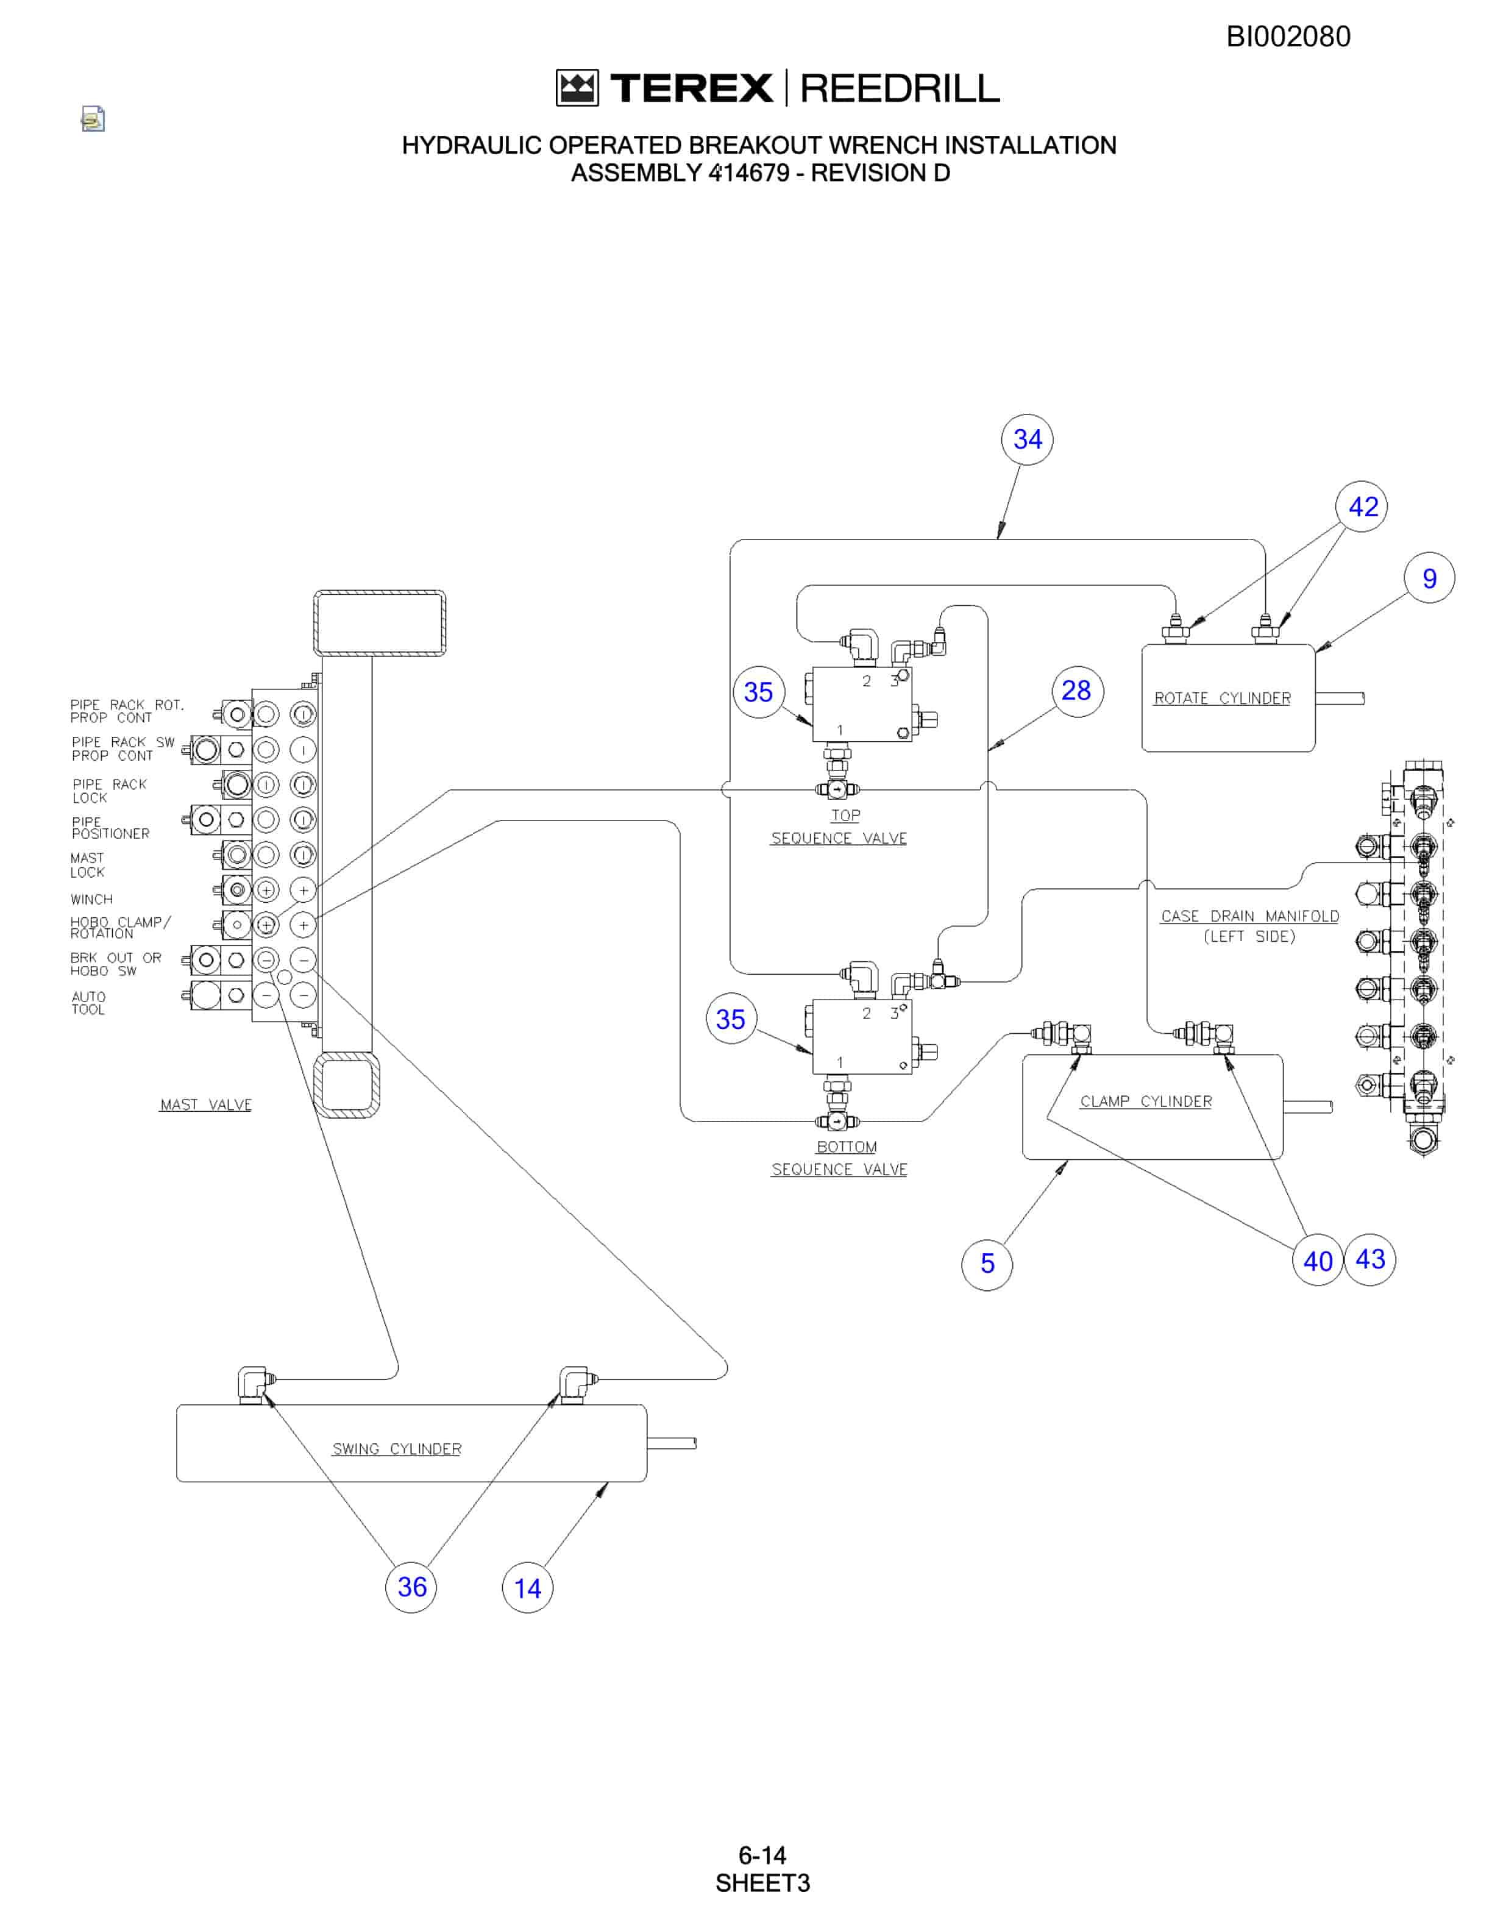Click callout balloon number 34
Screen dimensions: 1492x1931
click(x=1027, y=439)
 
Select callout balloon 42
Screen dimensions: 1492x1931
click(x=1362, y=507)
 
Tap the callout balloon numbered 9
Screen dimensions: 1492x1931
click(x=1429, y=578)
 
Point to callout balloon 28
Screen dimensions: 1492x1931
click(x=1076, y=691)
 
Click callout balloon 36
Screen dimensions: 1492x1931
click(x=411, y=1587)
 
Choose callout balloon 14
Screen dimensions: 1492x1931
click(x=528, y=1588)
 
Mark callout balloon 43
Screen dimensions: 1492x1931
click(x=1370, y=1259)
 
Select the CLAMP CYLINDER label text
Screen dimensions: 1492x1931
click(x=1146, y=1101)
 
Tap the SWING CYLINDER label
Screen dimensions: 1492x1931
click(x=397, y=1449)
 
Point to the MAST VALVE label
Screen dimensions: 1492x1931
click(x=206, y=1105)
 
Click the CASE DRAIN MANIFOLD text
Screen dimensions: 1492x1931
click(x=1250, y=916)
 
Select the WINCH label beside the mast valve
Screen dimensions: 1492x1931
click(x=92, y=899)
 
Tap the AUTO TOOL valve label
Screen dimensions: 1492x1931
click(x=88, y=1003)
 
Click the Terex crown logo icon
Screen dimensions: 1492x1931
click(x=577, y=88)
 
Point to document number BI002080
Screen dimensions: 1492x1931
click(x=1288, y=36)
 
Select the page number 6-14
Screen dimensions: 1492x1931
click(x=762, y=1855)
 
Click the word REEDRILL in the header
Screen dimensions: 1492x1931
click(x=900, y=88)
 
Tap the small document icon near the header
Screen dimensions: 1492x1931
click(x=93, y=118)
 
